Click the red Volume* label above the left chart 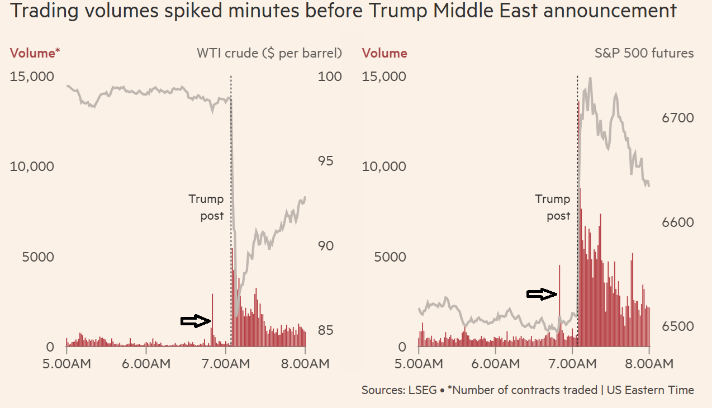(35, 53)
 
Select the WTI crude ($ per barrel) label (269, 53)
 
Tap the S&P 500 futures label (644, 53)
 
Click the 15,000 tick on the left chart (32, 76)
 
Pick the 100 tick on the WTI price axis (330, 76)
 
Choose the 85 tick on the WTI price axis (326, 330)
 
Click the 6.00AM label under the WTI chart (146, 363)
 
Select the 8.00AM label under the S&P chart (648, 363)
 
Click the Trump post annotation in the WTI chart (206, 207)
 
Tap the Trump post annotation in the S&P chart (553, 207)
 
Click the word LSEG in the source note (423, 390)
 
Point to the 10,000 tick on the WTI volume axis (32, 167)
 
